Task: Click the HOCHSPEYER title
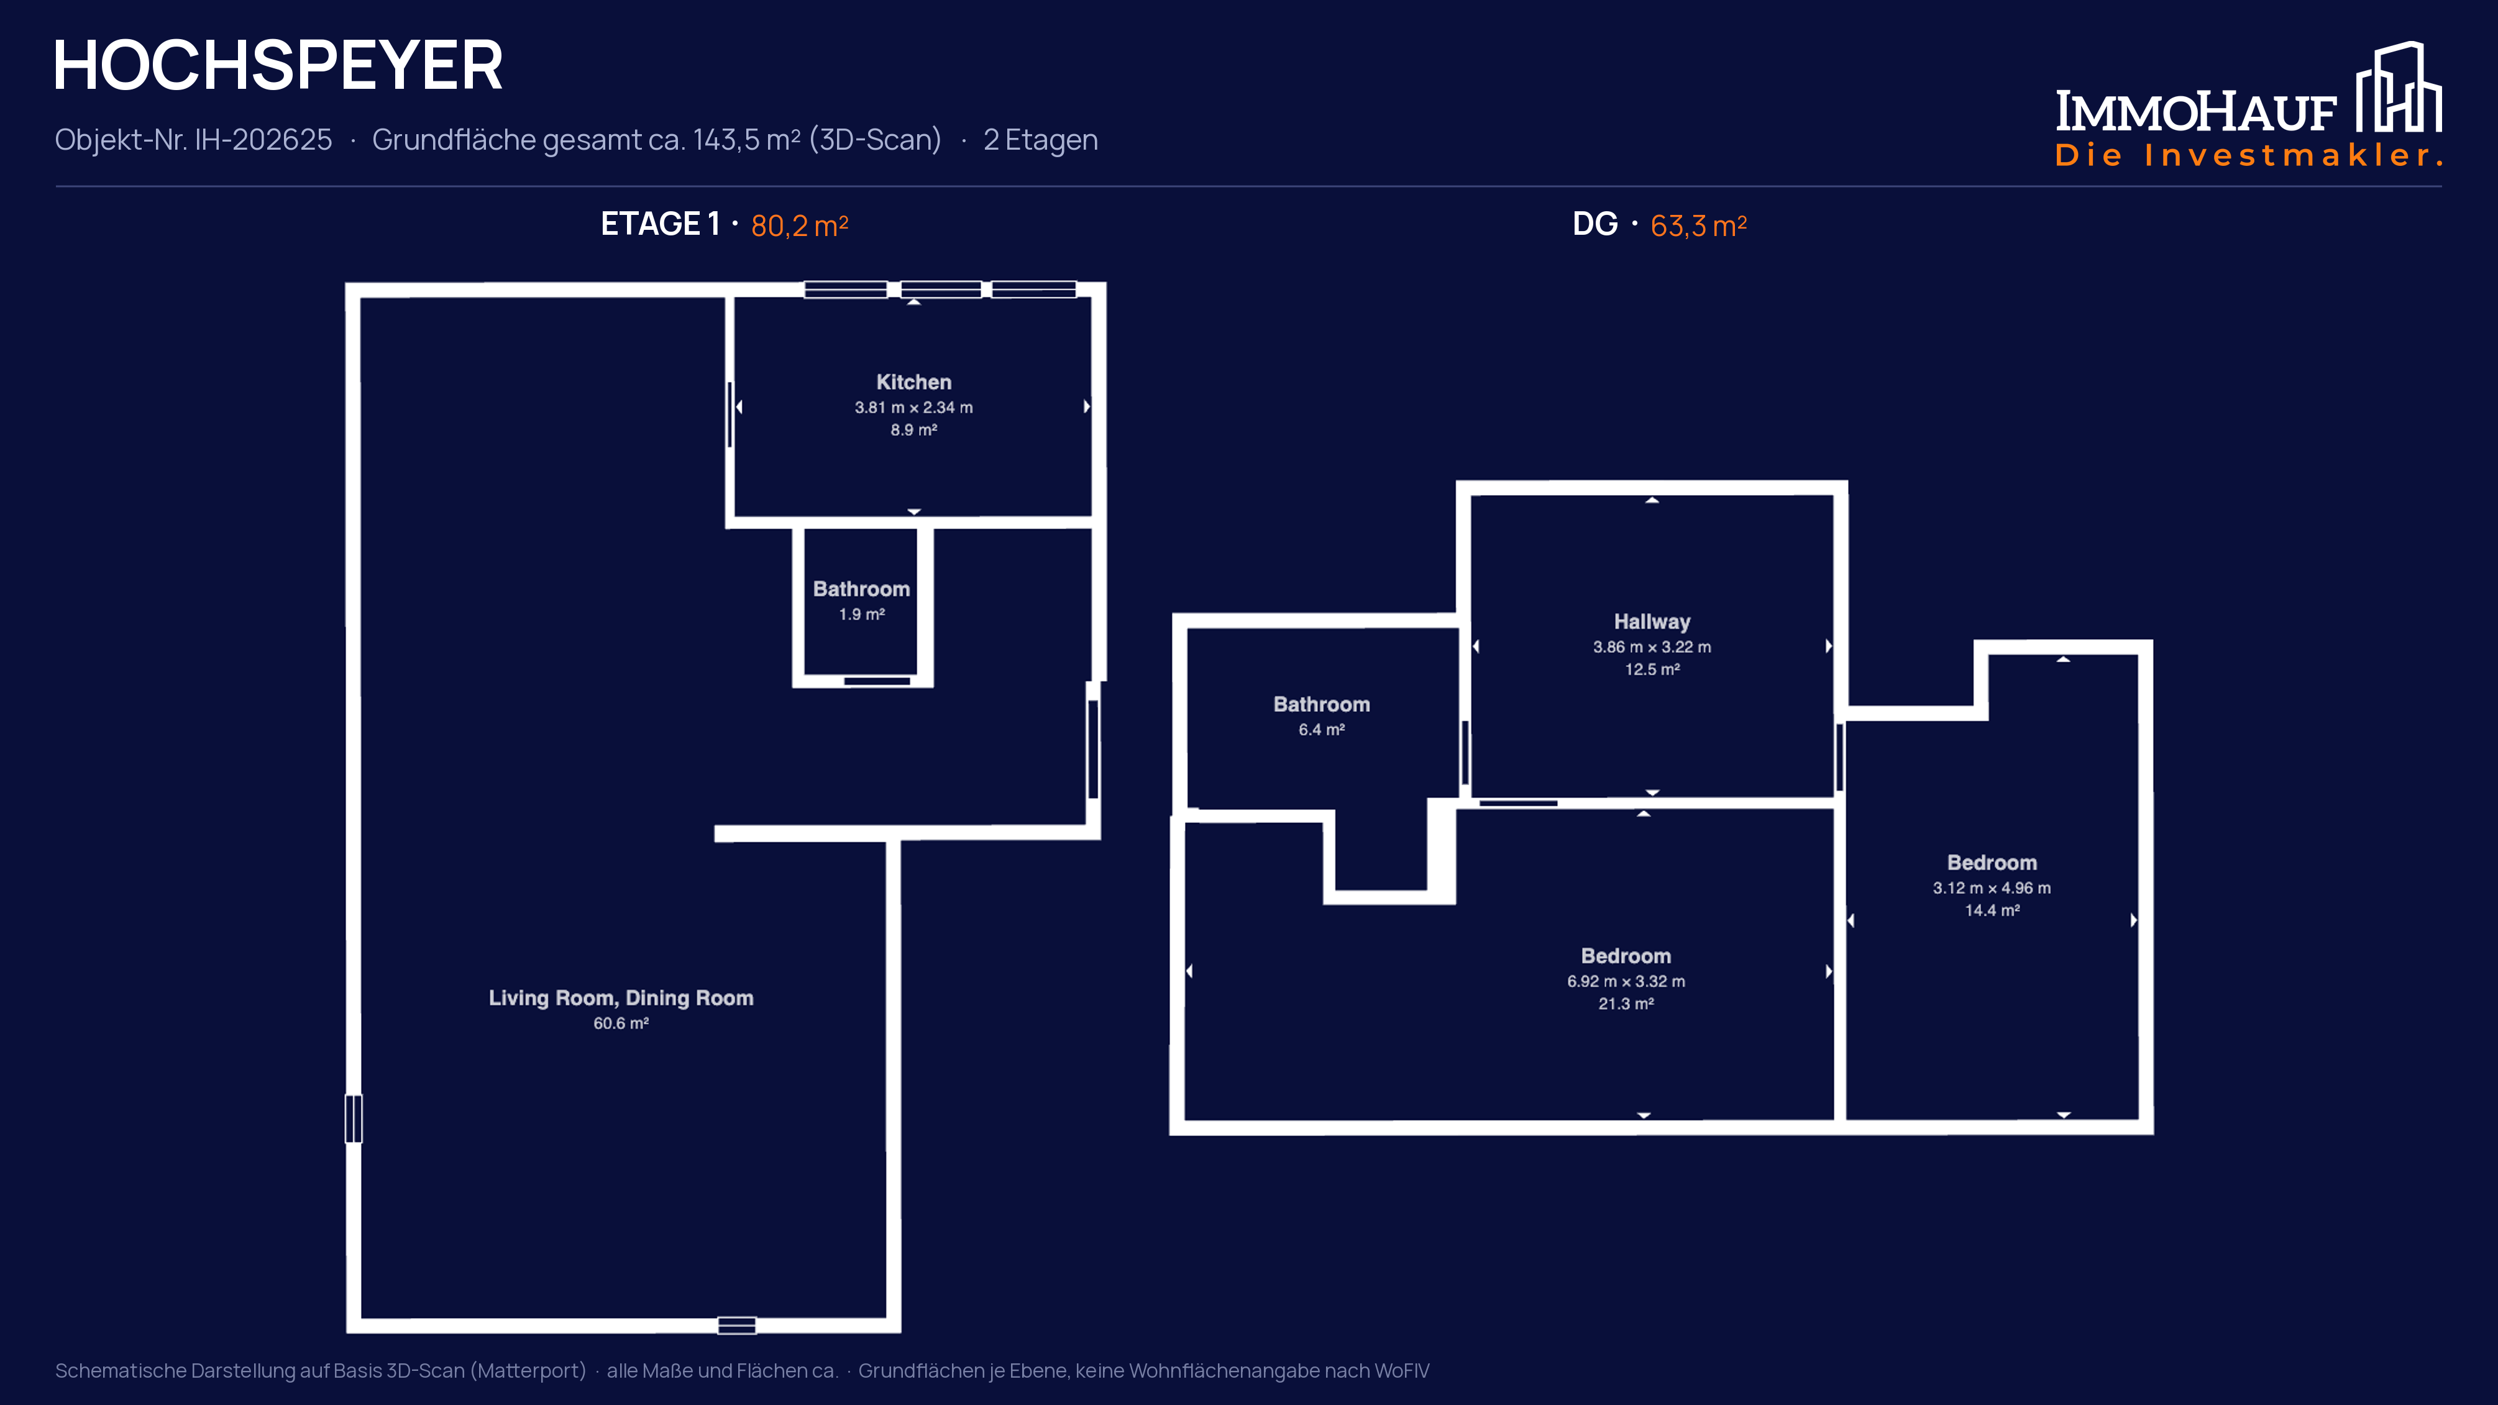[x=278, y=66]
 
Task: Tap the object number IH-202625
[x=263, y=140]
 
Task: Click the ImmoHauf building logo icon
[x=2399, y=86]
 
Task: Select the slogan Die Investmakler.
[x=2248, y=155]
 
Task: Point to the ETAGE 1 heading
[x=659, y=224]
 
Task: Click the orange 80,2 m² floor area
[x=799, y=225]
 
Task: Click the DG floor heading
[x=1595, y=224]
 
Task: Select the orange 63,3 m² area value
[x=1698, y=225]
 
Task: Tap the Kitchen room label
[x=913, y=382]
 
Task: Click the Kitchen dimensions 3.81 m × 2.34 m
[x=913, y=407]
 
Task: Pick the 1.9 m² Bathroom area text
[x=862, y=614]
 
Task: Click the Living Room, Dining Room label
[x=621, y=998]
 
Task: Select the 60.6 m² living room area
[x=621, y=1023]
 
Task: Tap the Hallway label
[x=1652, y=622]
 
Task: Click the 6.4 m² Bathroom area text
[x=1322, y=729]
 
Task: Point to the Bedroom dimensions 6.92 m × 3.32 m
[x=1626, y=981]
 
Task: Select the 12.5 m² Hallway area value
[x=1652, y=669]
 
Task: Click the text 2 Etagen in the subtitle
[x=1040, y=140]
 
